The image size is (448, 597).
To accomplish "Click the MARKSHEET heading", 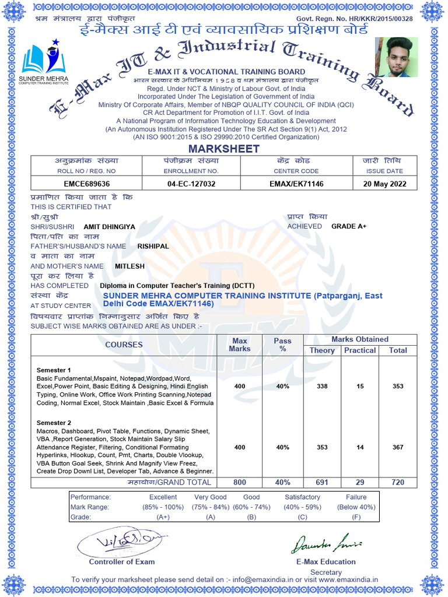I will tap(223, 149).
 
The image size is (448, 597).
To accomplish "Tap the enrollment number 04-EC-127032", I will tap(191, 183).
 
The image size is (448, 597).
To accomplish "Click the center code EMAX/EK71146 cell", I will tap(296, 183).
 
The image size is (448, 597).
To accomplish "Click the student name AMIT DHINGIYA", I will tap(109, 226).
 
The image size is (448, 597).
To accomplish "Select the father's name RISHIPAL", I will tap(153, 246).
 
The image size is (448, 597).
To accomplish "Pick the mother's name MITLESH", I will tap(129, 266).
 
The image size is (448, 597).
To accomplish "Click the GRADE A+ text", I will tap(349, 226).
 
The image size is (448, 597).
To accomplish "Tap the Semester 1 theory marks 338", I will tap(321, 387).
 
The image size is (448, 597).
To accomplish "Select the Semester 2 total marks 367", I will tap(398, 447).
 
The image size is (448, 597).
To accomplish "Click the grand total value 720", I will tap(398, 483).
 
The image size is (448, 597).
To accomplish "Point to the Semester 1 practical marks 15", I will tap(360, 387).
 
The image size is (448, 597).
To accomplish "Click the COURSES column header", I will tap(124, 345).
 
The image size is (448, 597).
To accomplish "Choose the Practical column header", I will tap(360, 350).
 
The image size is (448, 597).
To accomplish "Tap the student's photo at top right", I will tap(396, 57).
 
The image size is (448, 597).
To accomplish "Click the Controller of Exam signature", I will tap(120, 543).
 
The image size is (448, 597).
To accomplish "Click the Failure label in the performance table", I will tap(356, 497).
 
